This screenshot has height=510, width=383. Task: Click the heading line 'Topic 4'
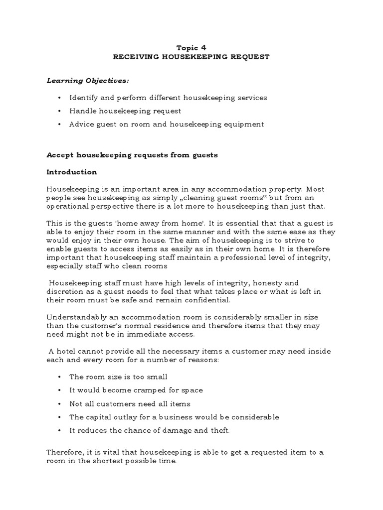pos(191,48)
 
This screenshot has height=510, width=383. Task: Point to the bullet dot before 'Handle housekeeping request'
pos(59,111)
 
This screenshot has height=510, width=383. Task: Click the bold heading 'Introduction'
pos(72,172)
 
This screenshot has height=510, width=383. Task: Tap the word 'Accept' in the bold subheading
pos(60,155)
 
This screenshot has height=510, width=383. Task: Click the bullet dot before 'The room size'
pos(59,377)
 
